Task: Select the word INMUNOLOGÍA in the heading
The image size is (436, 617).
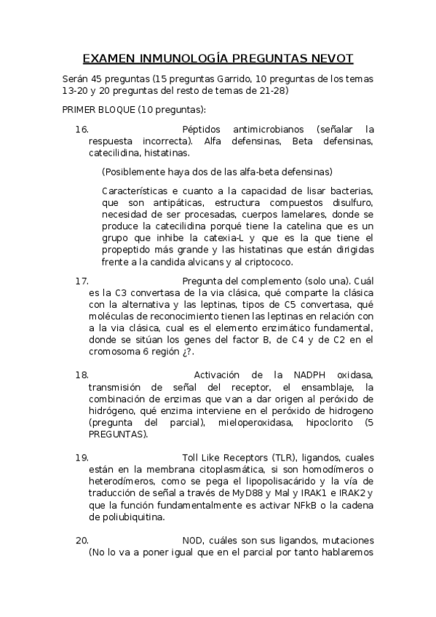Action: click(x=180, y=57)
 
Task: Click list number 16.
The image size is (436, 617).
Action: click(x=82, y=129)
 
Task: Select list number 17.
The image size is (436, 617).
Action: click(x=82, y=280)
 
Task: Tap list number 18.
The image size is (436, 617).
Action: click(x=82, y=375)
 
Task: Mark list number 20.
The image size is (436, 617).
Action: click(x=82, y=541)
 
